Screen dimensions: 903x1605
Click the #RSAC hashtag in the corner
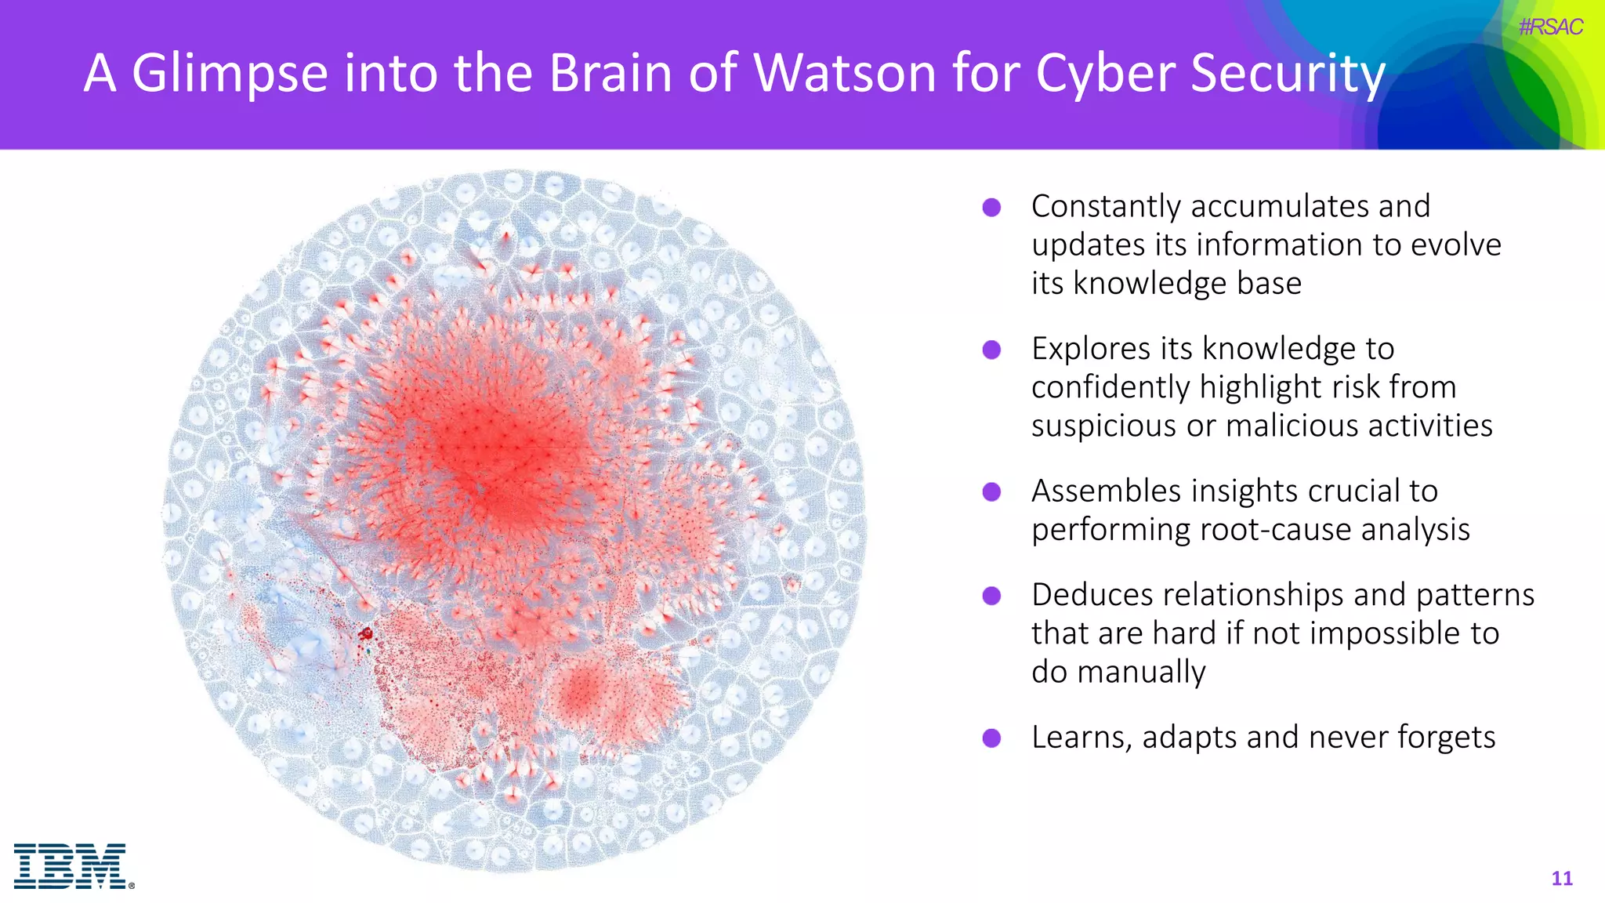tap(1550, 27)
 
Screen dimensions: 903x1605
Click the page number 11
tap(1561, 879)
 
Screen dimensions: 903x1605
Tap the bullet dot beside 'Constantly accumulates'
tap(991, 208)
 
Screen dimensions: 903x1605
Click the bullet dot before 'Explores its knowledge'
tap(991, 350)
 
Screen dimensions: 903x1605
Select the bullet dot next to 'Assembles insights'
tap(991, 492)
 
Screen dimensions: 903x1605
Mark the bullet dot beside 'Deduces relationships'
tap(991, 596)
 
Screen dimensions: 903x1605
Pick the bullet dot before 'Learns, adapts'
tap(991, 738)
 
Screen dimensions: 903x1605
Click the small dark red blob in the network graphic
tap(365, 633)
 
